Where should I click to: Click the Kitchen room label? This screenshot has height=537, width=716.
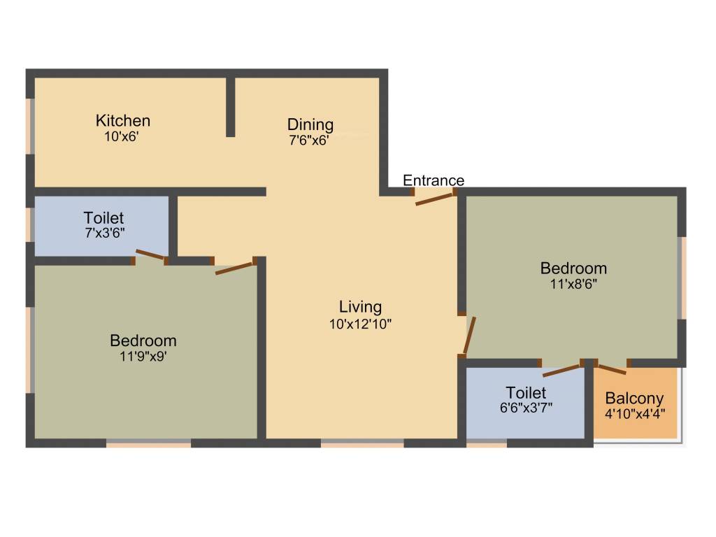[123, 120]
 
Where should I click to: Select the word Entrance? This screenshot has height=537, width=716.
[434, 180]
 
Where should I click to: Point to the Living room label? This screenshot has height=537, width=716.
[360, 306]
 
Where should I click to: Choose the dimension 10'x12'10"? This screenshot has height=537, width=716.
[360, 324]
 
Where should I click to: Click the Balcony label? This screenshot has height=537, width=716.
[634, 399]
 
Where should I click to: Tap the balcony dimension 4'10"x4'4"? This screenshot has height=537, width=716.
[634, 413]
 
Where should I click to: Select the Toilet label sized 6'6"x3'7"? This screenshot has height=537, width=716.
[526, 393]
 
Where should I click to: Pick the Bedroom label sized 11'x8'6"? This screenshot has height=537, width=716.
[573, 268]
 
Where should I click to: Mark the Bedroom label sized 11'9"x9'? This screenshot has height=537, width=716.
[143, 341]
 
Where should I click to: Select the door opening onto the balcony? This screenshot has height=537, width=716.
[613, 368]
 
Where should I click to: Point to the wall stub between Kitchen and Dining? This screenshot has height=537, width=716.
[230, 107]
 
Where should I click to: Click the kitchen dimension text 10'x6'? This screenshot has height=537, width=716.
[122, 138]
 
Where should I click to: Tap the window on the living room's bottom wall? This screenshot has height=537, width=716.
[362, 442]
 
